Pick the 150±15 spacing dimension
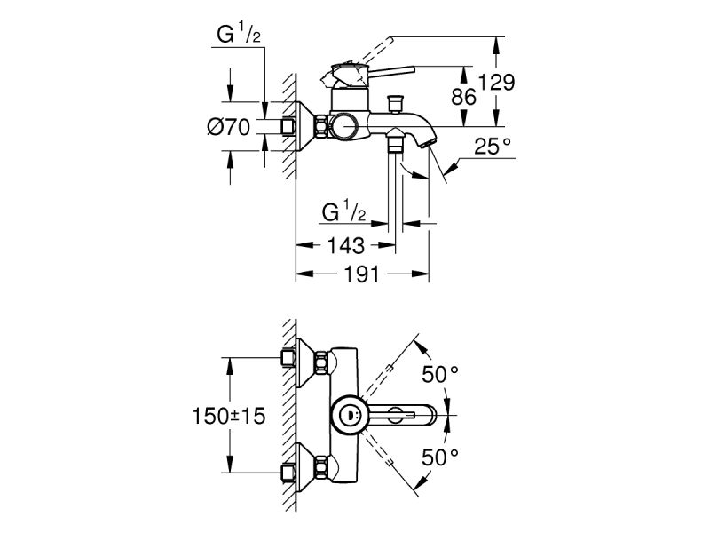tap(230, 415)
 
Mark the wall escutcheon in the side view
tap(311, 126)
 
